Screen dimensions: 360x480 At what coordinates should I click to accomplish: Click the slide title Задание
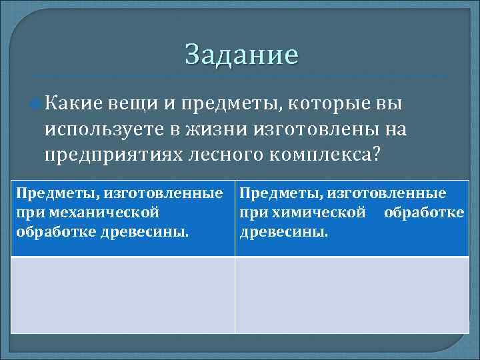pos(241,54)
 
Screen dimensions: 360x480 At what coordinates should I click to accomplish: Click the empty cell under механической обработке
pos(123,295)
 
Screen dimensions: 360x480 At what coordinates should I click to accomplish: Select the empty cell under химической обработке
pos(351,295)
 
